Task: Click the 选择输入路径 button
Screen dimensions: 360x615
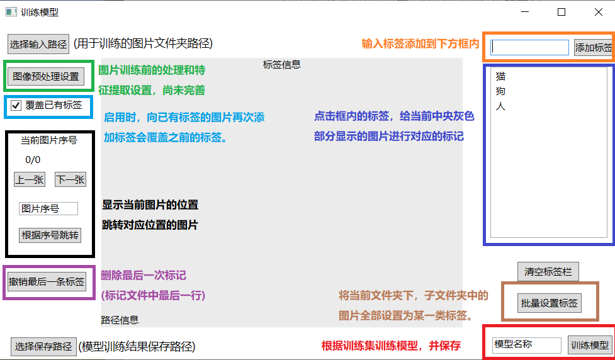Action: click(x=38, y=44)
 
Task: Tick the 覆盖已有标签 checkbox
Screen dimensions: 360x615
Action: click(x=16, y=106)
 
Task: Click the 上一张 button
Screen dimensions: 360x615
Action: click(x=30, y=179)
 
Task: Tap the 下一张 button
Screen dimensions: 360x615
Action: click(x=70, y=179)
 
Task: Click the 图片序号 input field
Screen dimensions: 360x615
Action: click(x=48, y=208)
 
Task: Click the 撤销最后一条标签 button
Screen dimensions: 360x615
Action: click(x=47, y=281)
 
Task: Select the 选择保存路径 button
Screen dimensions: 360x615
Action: click(x=43, y=346)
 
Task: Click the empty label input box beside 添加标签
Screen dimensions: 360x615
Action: click(x=529, y=47)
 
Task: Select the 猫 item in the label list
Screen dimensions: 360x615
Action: click(x=500, y=77)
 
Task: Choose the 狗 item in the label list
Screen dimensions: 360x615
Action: click(x=500, y=92)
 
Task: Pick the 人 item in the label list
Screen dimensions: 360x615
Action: click(x=500, y=106)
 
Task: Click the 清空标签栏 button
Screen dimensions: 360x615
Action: click(x=548, y=272)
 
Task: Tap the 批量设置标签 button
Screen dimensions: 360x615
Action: click(x=550, y=303)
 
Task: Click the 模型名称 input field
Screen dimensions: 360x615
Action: click(x=526, y=345)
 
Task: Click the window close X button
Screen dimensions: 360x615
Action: click(x=599, y=12)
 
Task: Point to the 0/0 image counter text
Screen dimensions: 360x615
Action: click(x=33, y=160)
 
